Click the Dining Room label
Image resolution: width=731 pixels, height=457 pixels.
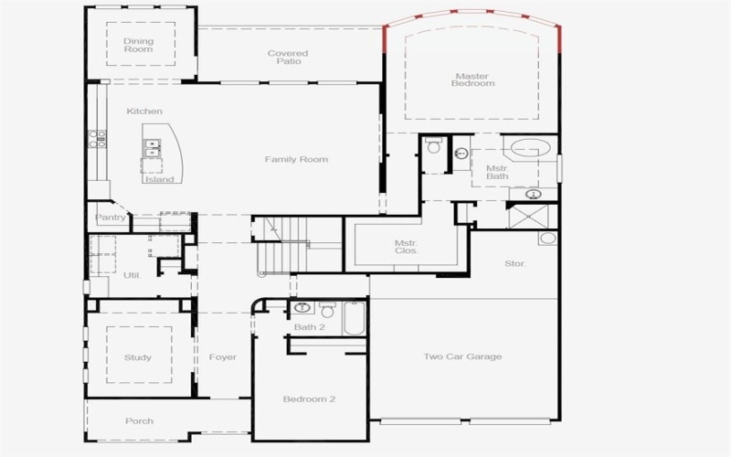(139, 45)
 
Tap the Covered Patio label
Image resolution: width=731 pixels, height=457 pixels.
(288, 58)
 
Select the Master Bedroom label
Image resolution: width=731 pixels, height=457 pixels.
(472, 80)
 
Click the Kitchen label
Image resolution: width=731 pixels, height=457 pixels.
(144, 112)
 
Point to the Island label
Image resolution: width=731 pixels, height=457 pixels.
(159, 179)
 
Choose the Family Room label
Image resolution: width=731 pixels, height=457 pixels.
(296, 160)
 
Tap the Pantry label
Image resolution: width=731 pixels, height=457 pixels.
(111, 218)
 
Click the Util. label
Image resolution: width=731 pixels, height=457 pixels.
(132, 274)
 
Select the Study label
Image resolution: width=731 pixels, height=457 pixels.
(138, 357)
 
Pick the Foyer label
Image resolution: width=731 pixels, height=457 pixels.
(222, 357)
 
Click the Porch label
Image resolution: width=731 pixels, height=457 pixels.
(139, 421)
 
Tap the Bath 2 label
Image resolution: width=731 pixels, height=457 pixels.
(309, 327)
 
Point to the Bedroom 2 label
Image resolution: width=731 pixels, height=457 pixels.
(309, 399)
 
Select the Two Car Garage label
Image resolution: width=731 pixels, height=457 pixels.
(462, 356)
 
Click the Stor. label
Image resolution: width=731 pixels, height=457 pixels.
(515, 264)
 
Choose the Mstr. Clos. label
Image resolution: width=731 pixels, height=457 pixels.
(407, 247)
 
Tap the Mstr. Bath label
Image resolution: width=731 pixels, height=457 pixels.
(497, 173)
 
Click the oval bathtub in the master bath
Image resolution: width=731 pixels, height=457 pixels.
(529, 148)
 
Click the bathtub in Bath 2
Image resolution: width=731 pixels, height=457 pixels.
(355, 318)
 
